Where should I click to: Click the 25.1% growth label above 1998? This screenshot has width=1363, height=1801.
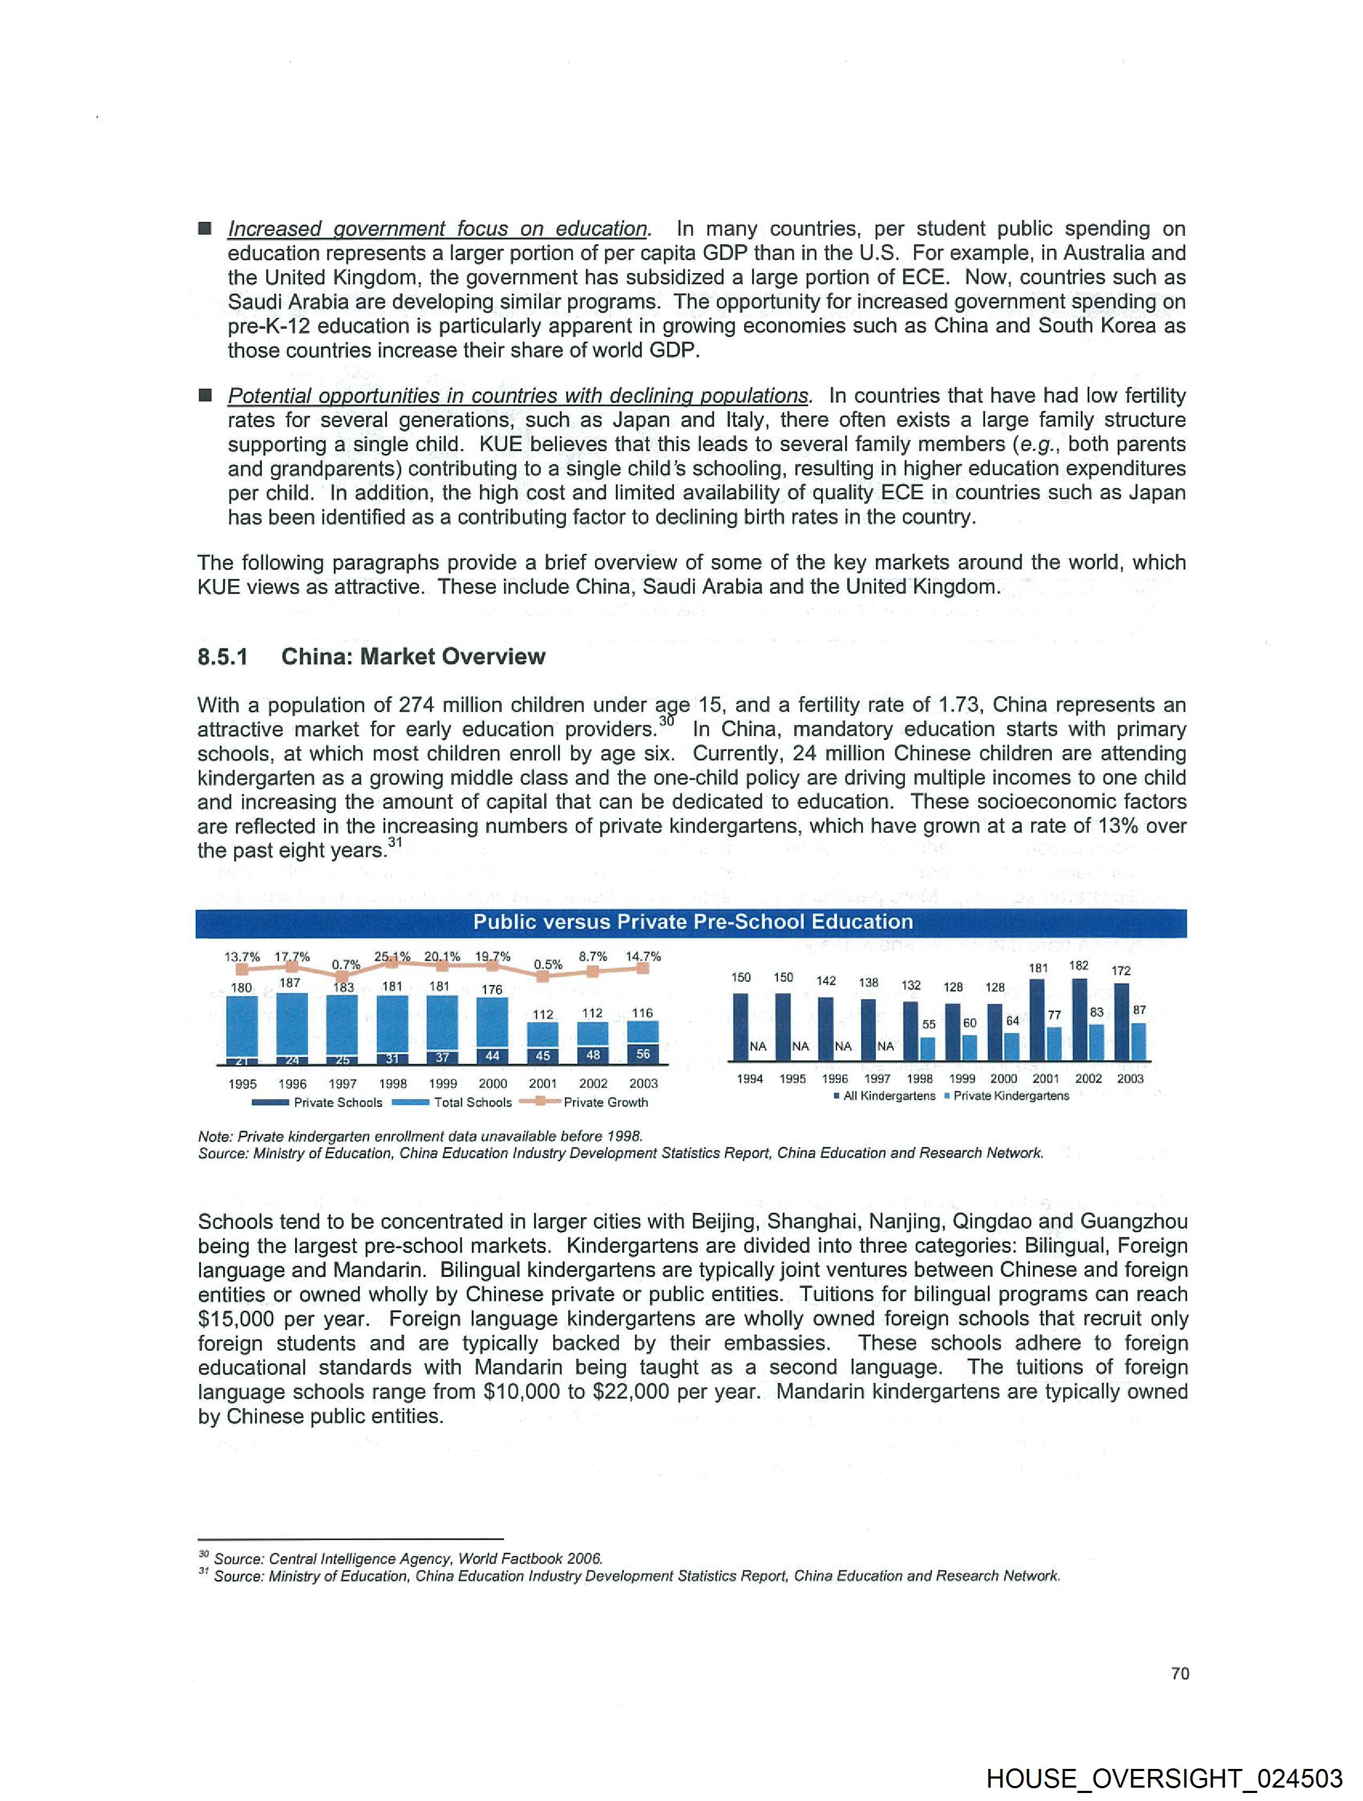click(x=392, y=957)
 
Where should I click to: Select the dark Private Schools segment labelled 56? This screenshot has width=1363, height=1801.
click(x=643, y=1054)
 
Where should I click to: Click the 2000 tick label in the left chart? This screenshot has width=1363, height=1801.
click(x=493, y=1084)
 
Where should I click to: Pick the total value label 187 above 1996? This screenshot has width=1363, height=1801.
click(x=290, y=983)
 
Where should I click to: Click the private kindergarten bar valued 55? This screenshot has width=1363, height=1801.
click(x=927, y=1049)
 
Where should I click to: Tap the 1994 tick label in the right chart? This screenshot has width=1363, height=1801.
click(x=750, y=1079)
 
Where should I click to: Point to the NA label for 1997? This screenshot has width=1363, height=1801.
click(x=885, y=1046)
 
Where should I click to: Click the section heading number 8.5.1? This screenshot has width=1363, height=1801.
click(x=222, y=657)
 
